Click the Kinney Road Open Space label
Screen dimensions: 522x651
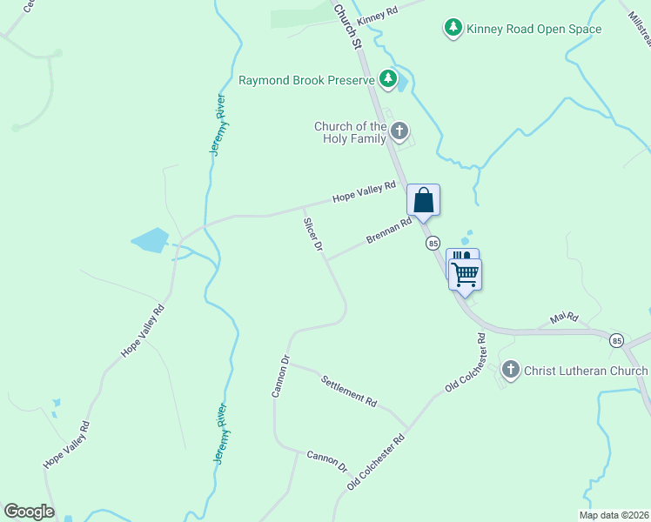point(534,30)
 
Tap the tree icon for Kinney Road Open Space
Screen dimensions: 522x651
point(453,29)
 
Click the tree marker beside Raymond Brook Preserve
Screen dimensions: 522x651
point(388,81)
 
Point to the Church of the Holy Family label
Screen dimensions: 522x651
point(350,132)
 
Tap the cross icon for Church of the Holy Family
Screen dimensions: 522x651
point(399,132)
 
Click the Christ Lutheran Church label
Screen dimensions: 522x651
point(586,371)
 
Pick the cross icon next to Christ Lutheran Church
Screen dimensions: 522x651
point(510,371)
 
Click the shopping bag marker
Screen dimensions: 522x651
point(423,200)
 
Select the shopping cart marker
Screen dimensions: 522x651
point(466,275)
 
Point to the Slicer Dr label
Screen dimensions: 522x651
point(312,235)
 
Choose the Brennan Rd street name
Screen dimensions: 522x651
point(388,231)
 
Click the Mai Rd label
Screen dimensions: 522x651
point(564,319)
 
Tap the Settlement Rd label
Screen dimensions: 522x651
point(348,391)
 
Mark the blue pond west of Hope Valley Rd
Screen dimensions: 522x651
point(149,239)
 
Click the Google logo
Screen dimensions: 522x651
point(29,512)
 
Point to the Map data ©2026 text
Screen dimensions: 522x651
point(614,515)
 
